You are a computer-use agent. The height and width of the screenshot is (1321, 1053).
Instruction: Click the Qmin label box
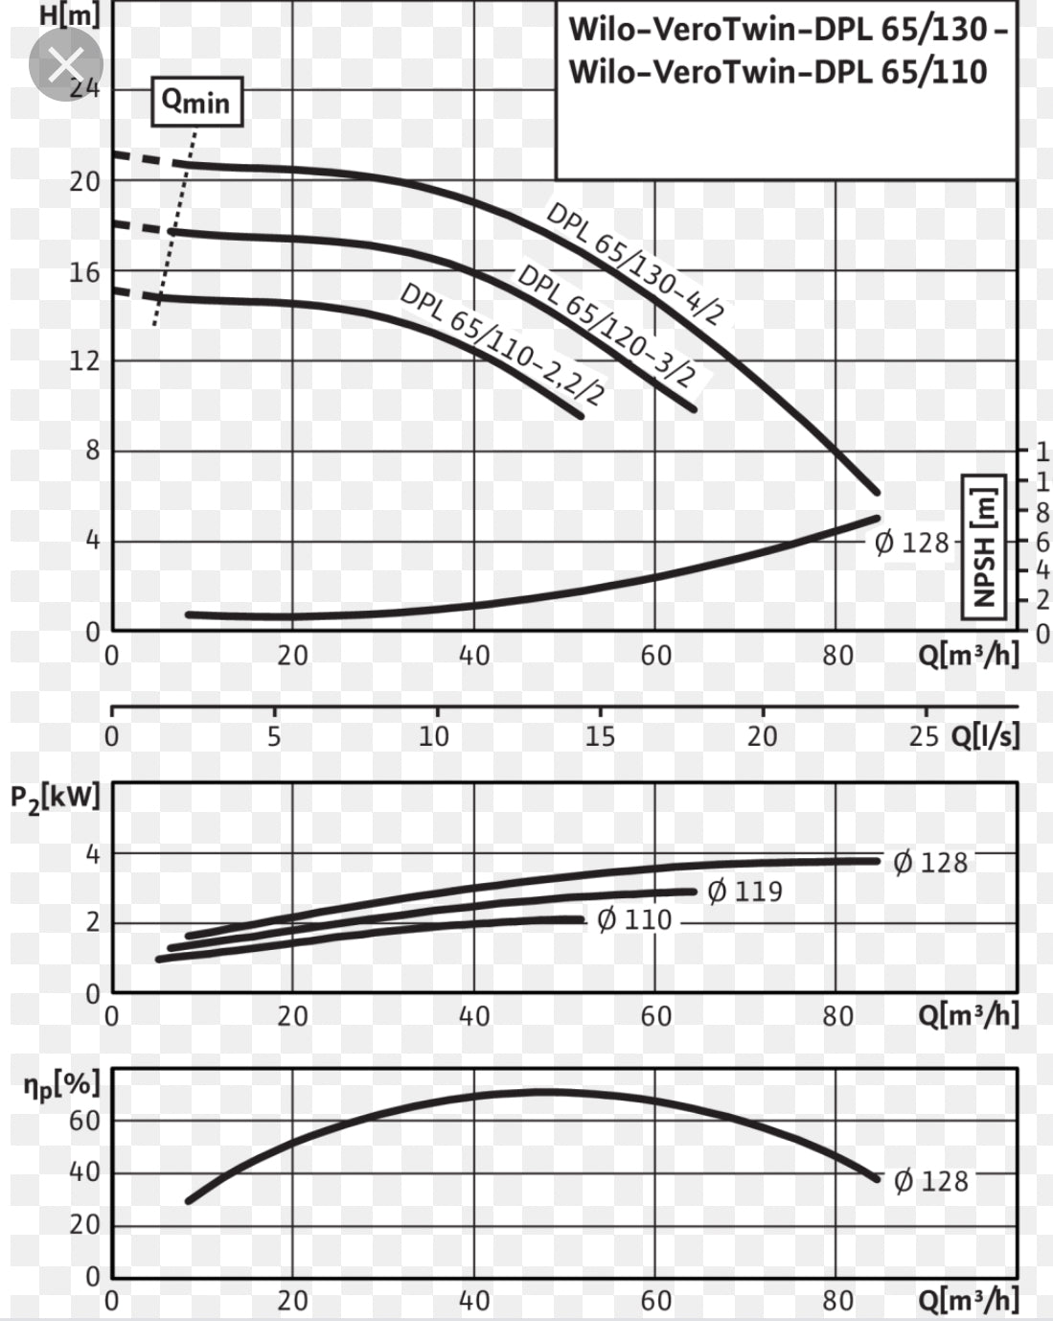click(196, 102)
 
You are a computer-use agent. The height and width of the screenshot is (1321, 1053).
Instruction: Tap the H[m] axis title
click(69, 15)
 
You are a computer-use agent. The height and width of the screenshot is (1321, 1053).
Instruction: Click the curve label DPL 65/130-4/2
click(634, 263)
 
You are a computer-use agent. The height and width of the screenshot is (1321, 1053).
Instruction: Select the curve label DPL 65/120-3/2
click(606, 325)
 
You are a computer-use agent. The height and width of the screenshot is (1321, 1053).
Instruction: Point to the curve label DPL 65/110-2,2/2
click(502, 343)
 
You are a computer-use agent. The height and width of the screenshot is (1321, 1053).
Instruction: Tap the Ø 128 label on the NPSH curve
click(911, 544)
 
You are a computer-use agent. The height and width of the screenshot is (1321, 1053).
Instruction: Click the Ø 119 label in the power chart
click(744, 892)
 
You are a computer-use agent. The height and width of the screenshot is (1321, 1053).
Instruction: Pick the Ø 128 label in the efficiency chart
click(930, 1181)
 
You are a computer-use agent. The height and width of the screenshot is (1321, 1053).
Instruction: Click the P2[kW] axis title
click(56, 799)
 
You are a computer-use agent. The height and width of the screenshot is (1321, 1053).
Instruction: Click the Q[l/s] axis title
click(985, 736)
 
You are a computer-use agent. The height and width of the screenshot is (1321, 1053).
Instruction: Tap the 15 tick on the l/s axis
click(600, 736)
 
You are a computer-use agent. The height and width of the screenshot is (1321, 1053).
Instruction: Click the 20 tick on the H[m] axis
click(84, 181)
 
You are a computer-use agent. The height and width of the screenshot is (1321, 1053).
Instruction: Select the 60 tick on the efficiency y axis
click(83, 1120)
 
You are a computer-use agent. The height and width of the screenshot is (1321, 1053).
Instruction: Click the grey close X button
click(65, 65)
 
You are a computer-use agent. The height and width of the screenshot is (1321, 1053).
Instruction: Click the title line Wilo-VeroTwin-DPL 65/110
click(777, 72)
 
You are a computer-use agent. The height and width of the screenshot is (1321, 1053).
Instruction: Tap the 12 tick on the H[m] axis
click(84, 361)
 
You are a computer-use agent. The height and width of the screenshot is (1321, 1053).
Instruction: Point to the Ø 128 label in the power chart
click(930, 863)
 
